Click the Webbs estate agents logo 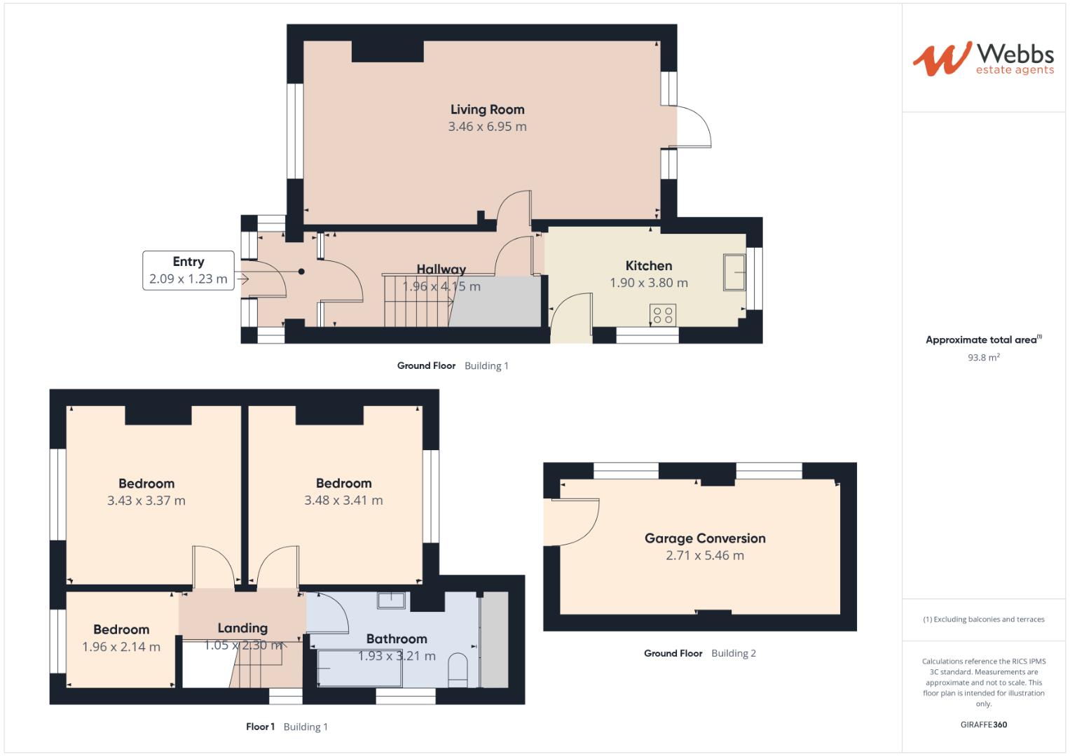pyautogui.click(x=982, y=59)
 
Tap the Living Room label pyautogui.click(x=487, y=109)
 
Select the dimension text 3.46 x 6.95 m pyautogui.click(x=487, y=127)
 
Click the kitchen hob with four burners pyautogui.click(x=664, y=315)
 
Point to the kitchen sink pyautogui.click(x=735, y=272)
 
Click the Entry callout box pyautogui.click(x=188, y=270)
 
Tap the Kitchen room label pyautogui.click(x=648, y=265)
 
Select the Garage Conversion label pyautogui.click(x=705, y=538)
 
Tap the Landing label pyautogui.click(x=242, y=628)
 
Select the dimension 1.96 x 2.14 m pyautogui.click(x=121, y=647)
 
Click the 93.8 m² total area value pyautogui.click(x=983, y=357)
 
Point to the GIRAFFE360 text pyautogui.click(x=983, y=724)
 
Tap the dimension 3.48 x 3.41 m pyautogui.click(x=343, y=500)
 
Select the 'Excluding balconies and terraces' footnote pyautogui.click(x=983, y=619)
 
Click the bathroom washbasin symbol pyautogui.click(x=391, y=600)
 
